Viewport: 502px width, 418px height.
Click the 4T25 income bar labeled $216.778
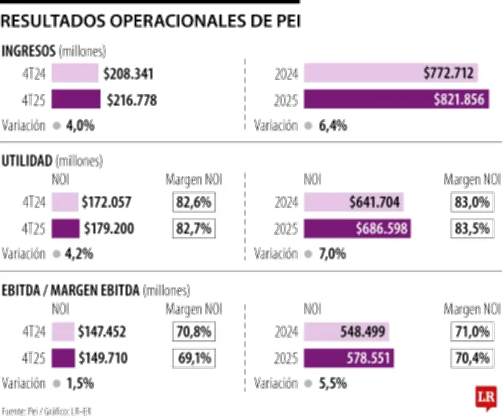click(75, 100)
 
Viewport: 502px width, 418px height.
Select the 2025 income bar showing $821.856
click(397, 100)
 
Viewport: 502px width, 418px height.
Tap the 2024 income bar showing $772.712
click(390, 74)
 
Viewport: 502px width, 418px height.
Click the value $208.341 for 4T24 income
click(129, 74)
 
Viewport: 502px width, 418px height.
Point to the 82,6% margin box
click(193, 203)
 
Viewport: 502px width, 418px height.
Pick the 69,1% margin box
click(193, 358)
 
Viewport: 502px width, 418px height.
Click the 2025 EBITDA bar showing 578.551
click(349, 358)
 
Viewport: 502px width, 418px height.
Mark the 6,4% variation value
click(333, 126)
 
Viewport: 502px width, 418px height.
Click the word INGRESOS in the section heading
click(29, 51)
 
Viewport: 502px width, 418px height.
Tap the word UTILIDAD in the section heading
click(27, 161)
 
